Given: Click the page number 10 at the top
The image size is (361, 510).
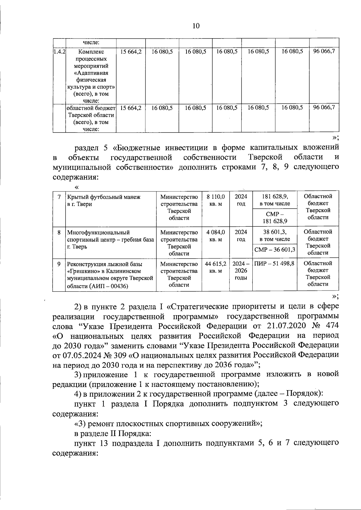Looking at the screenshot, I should [196, 26].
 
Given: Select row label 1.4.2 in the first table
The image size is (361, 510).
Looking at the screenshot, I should [59, 51].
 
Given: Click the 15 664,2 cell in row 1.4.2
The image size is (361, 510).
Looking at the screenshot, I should [131, 51].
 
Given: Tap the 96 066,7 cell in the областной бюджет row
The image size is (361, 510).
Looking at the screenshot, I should [324, 107].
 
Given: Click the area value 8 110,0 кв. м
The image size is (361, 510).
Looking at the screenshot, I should [216, 200].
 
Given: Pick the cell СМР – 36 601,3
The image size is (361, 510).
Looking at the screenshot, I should [275, 250].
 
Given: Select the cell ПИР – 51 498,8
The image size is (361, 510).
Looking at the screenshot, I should [274, 264].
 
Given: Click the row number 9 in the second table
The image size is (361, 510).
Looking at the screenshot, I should [59, 264].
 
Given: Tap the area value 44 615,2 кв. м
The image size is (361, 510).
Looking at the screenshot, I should [215, 267].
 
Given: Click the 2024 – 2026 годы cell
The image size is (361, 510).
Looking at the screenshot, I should [241, 271].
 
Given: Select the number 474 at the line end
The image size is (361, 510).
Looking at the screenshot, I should [331, 326].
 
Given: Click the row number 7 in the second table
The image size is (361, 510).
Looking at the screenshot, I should [59, 197].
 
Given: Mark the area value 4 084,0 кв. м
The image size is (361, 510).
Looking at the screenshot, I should [216, 236].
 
